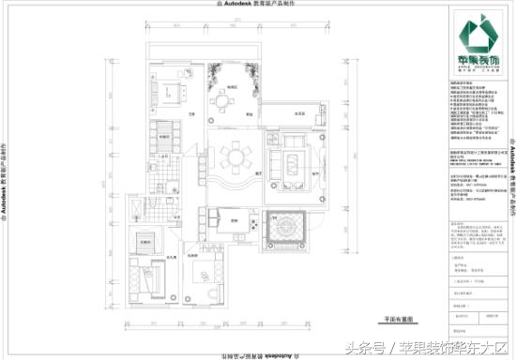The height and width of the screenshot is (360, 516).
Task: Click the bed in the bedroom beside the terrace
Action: pyautogui.click(x=172, y=91)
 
